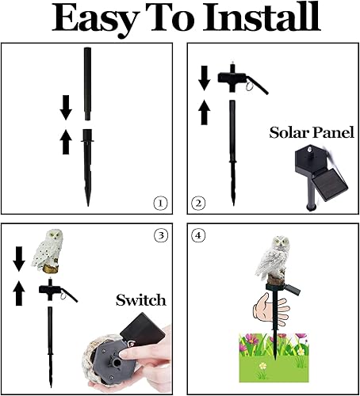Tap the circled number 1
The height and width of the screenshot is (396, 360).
coord(161,203)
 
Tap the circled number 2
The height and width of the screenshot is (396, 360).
coord(199,203)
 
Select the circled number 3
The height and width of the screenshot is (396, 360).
coord(162,236)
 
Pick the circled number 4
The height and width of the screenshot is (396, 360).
coord(200,236)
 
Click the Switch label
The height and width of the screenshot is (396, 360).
coord(140,299)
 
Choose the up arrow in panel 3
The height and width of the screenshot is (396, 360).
coord(20,294)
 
